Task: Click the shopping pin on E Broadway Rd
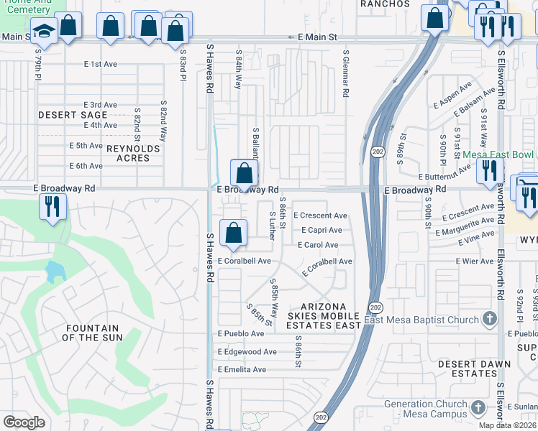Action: [x=244, y=174]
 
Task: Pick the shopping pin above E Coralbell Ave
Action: [x=233, y=233]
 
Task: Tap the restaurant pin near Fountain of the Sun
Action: [x=52, y=206]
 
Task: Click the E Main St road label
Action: [x=317, y=37]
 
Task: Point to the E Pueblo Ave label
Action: [x=241, y=334]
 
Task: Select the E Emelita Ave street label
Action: [x=242, y=370]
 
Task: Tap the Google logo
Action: [x=24, y=422]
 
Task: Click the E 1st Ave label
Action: [x=100, y=64]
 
